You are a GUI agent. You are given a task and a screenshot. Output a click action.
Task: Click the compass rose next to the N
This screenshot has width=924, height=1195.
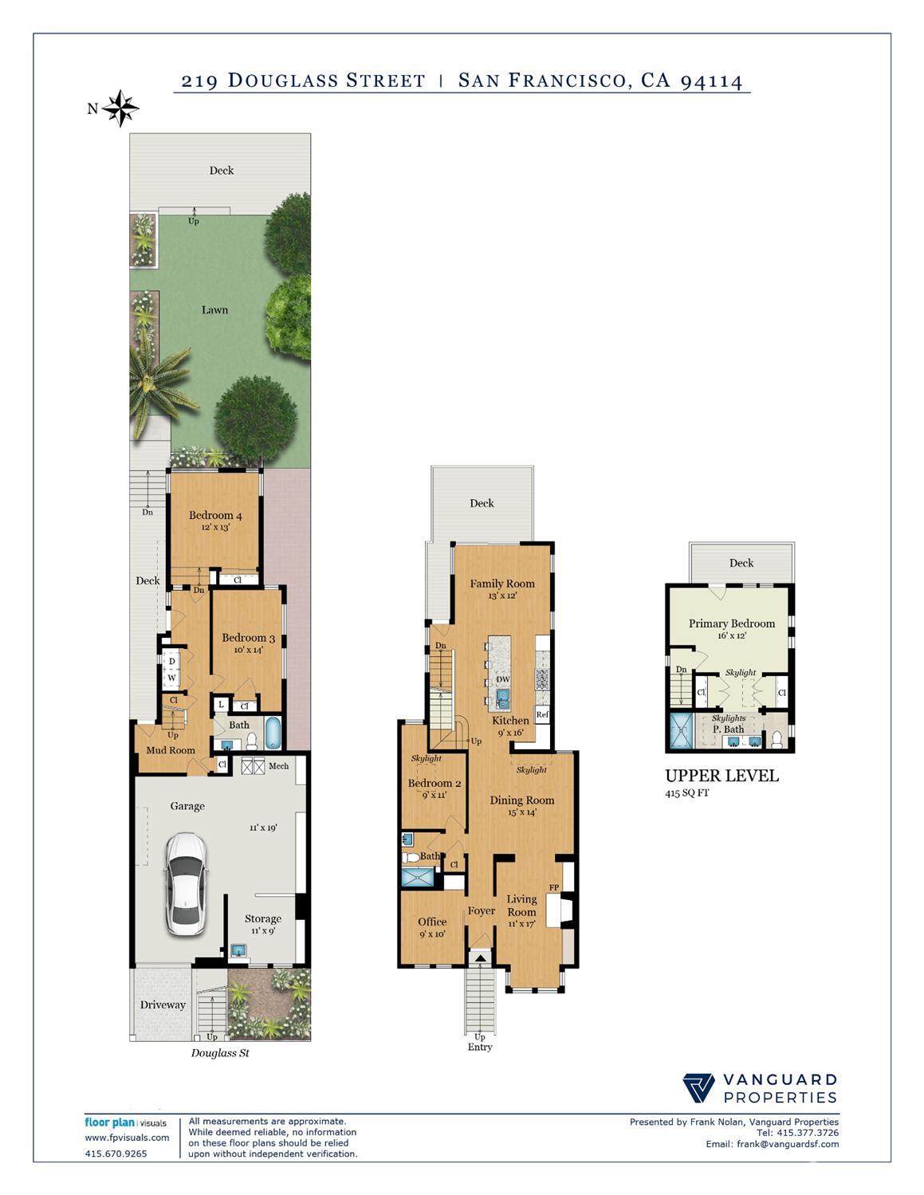coord(120,108)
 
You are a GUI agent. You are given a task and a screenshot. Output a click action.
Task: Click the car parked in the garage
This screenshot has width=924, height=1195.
coord(186,884)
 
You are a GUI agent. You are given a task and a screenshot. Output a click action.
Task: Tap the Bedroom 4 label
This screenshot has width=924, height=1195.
coord(215,515)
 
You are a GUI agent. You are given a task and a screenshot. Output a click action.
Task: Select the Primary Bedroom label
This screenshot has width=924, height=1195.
coord(732,623)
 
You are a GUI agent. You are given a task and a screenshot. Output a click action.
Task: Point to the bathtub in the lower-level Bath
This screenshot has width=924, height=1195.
coord(273,733)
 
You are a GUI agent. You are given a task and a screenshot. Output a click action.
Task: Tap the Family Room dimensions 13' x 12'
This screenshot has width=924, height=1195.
coord(502,596)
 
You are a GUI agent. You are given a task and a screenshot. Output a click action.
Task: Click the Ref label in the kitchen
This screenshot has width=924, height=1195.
coord(542,714)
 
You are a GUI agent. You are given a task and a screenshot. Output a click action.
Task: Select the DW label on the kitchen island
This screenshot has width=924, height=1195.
coord(503,680)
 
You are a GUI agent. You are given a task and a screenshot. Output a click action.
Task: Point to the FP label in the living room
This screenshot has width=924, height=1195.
coord(554,887)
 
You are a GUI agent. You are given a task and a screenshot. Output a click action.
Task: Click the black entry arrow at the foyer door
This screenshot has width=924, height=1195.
coord(480,958)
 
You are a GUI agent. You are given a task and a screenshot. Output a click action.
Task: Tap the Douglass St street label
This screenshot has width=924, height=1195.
coord(220,1053)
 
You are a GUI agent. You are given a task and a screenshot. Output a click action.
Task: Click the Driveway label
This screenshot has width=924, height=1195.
coord(163,1004)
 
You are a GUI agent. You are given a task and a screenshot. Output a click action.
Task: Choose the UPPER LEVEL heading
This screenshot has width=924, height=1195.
coord(722,776)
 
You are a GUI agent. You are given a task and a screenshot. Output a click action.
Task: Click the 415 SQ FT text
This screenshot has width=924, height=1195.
coord(687,793)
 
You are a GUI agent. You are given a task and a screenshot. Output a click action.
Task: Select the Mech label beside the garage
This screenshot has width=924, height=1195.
coord(278,765)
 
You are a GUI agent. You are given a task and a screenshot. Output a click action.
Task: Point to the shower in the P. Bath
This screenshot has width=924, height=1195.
coord(680,730)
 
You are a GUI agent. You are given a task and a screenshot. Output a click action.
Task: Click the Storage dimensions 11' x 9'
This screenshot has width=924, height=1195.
coord(263,930)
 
